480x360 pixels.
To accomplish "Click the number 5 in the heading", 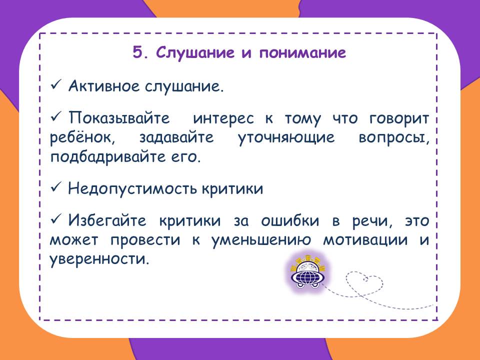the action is pos(137,52).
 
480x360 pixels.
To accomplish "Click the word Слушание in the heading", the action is pos(195,52).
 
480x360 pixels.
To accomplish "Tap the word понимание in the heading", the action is pos(303,53).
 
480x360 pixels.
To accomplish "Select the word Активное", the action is pos(104,85).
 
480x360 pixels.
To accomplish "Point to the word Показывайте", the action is pos(119,118).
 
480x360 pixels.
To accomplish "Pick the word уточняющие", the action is pos(286,138).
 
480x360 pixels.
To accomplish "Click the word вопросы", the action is pos(394,138).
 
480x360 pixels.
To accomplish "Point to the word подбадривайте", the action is pos(107,156).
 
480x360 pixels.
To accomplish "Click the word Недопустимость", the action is pos(132,188).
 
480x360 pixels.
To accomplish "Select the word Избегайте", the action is pos(107,220).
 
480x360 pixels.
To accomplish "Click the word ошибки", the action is pos(289,220).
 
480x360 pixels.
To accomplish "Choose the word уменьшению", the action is pos(261,240).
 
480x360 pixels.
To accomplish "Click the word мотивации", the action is pos(365,240).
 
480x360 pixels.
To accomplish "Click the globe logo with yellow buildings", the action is pos(308,272).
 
